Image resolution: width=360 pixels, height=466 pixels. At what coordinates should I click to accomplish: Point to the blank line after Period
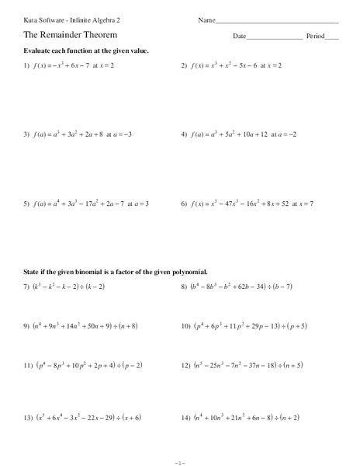click(x=332, y=37)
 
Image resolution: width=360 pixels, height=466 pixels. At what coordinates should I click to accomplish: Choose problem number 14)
click(x=185, y=418)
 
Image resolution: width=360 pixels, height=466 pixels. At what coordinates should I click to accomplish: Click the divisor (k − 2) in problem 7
click(x=106, y=287)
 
